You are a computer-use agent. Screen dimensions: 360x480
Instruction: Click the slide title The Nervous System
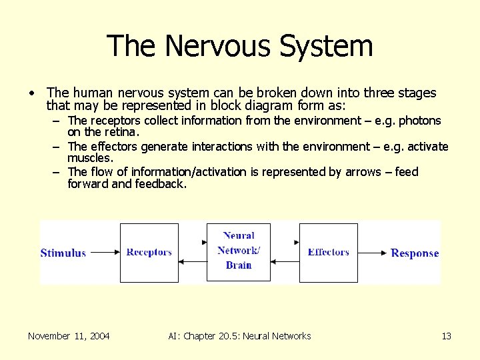pos(239,46)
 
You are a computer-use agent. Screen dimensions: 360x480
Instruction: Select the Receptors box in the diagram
pos(149,252)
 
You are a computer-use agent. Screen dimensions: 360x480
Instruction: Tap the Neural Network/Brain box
pos(238,251)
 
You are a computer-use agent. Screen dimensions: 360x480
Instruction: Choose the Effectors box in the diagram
pos(328,252)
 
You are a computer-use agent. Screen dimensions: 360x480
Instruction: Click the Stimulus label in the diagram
pos(63,253)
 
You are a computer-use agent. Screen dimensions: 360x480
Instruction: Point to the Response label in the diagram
pos(414,253)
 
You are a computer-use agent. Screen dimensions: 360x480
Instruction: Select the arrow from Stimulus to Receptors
pos(103,253)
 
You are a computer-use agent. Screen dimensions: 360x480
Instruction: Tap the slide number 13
pos(446,336)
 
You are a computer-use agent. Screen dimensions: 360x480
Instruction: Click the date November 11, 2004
pos(69,336)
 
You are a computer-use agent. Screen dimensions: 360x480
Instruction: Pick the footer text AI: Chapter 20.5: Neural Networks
pos(239,336)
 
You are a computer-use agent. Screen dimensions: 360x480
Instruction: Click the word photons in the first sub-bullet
pos(419,121)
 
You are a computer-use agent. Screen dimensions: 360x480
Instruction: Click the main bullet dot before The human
pos(31,93)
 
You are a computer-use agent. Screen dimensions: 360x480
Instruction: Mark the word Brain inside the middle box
pos(238,265)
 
